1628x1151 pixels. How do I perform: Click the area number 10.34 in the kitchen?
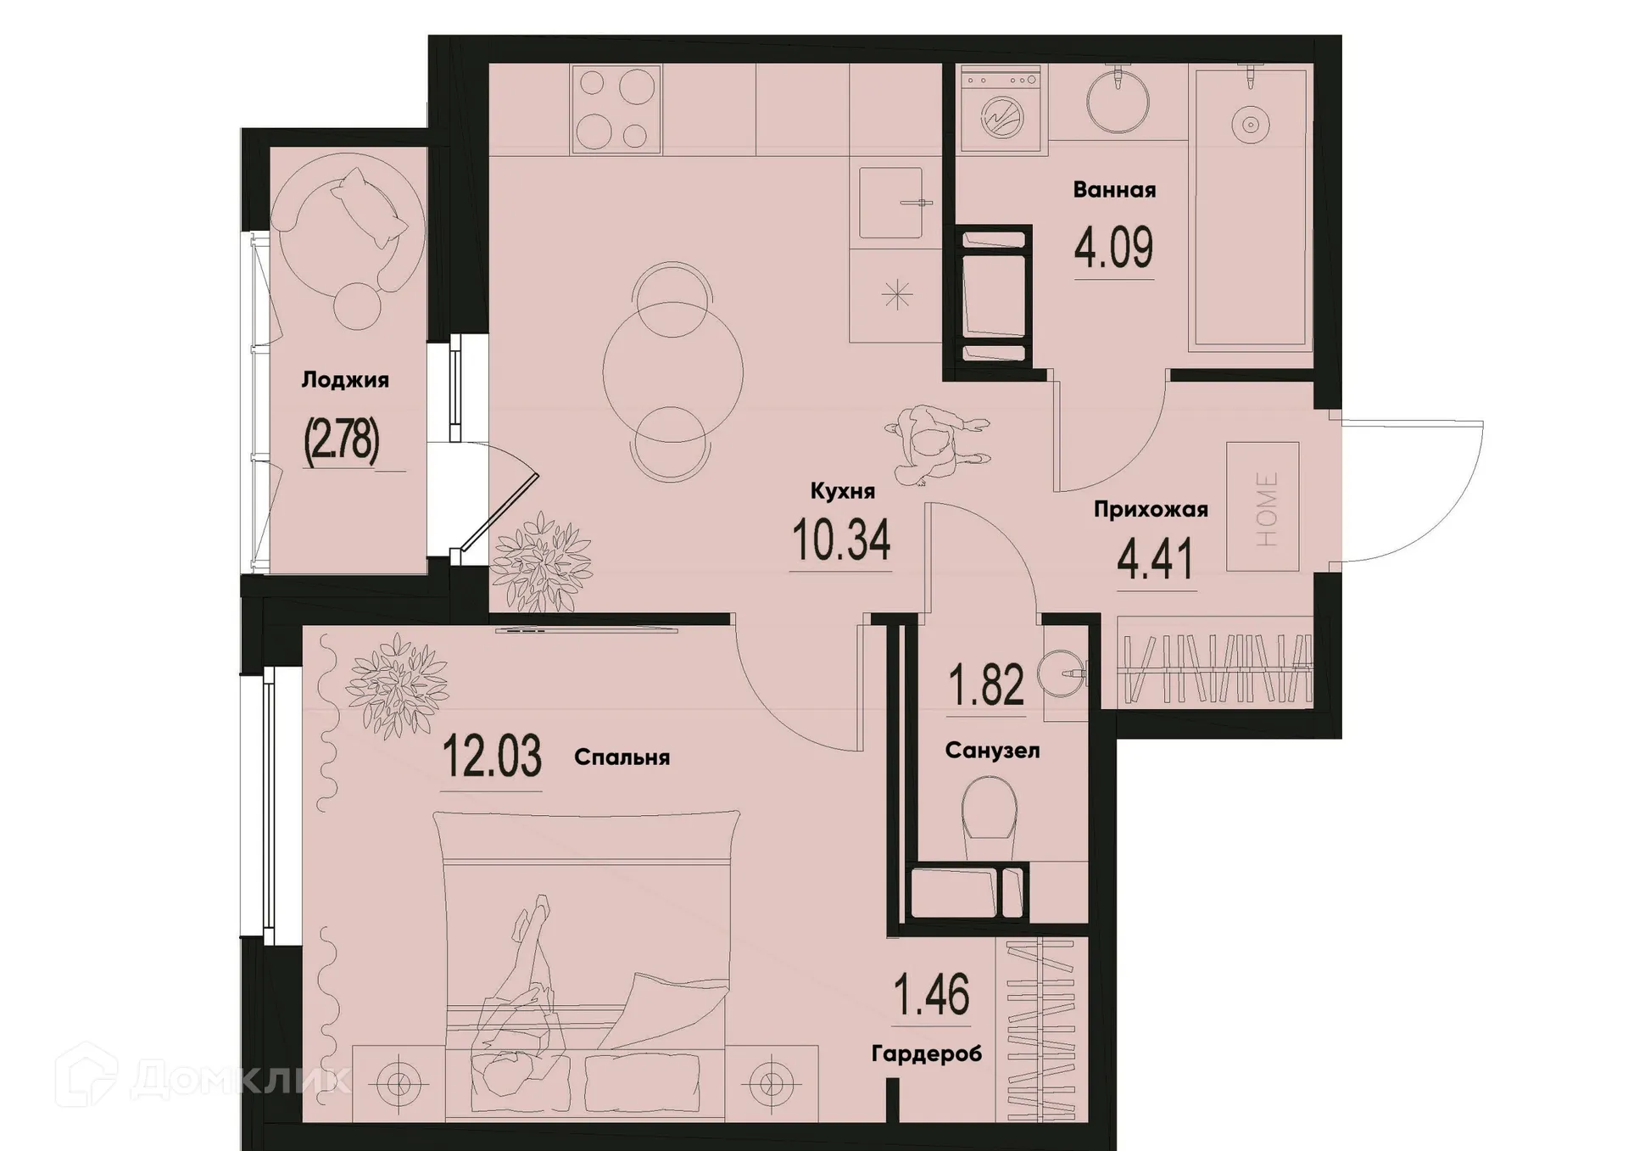[841, 541]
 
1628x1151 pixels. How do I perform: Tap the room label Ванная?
[1114, 189]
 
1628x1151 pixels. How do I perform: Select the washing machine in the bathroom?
[1001, 110]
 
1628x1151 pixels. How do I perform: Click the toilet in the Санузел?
[990, 811]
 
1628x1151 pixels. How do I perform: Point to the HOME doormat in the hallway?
[1263, 507]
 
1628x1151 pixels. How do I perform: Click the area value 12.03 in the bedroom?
[492, 757]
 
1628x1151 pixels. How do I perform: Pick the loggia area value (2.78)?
[342, 441]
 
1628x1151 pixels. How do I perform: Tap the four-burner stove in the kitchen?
[616, 109]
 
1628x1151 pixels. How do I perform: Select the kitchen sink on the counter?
[891, 203]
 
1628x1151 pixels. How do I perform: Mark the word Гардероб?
[926, 1054]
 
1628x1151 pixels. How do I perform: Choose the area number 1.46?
[932, 995]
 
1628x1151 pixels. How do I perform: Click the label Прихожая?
[1150, 510]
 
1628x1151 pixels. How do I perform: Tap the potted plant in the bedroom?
[396, 684]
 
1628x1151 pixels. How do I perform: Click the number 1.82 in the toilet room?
[986, 684]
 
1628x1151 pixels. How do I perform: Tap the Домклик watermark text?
[240, 1078]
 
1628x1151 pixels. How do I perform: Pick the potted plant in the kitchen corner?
[540, 562]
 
